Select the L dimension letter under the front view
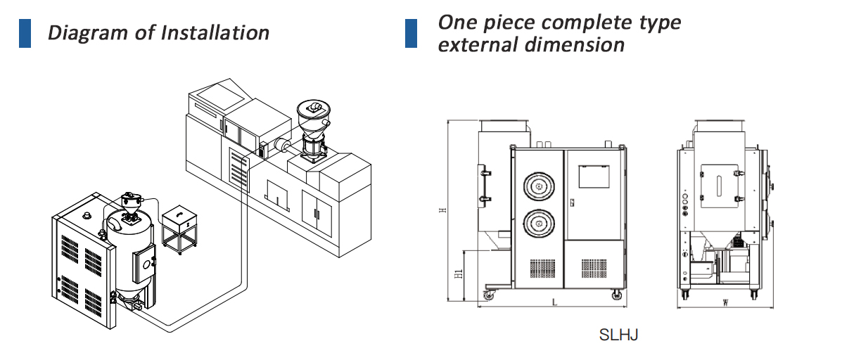click(x=555, y=303)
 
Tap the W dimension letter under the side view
click(x=726, y=303)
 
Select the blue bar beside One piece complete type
click(x=411, y=33)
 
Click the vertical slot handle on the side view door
click(x=719, y=188)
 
